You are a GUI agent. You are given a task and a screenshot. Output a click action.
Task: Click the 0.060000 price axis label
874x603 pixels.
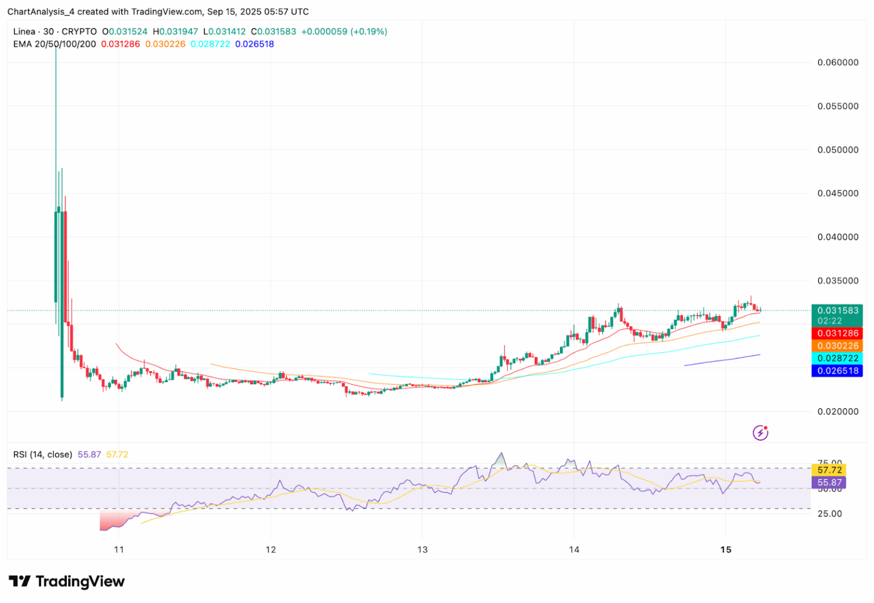(x=838, y=63)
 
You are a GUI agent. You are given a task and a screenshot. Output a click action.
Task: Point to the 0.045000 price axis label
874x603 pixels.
(x=838, y=194)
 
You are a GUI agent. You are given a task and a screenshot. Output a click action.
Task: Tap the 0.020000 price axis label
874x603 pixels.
(x=838, y=412)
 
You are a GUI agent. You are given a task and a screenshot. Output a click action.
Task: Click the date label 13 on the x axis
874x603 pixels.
(x=422, y=549)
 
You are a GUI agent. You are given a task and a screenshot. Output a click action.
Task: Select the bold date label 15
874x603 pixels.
(x=725, y=549)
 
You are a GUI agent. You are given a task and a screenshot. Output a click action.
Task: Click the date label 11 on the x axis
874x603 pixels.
(x=119, y=549)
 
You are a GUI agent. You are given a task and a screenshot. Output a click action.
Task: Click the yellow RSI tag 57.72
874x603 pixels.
(x=829, y=470)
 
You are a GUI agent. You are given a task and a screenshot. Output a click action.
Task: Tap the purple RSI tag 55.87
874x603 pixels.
(x=829, y=483)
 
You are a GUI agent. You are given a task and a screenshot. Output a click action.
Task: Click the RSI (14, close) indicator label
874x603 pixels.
(x=43, y=454)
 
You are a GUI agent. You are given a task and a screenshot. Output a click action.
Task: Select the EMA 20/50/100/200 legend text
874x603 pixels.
(x=55, y=44)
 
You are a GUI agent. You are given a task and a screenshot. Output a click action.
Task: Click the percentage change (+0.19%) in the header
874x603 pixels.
(x=370, y=31)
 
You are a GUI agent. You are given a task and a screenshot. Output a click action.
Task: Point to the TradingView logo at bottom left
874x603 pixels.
(x=67, y=581)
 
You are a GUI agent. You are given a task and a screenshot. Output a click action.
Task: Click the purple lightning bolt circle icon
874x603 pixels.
(x=760, y=433)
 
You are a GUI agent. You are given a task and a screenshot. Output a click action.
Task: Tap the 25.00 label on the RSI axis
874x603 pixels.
(x=829, y=514)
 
